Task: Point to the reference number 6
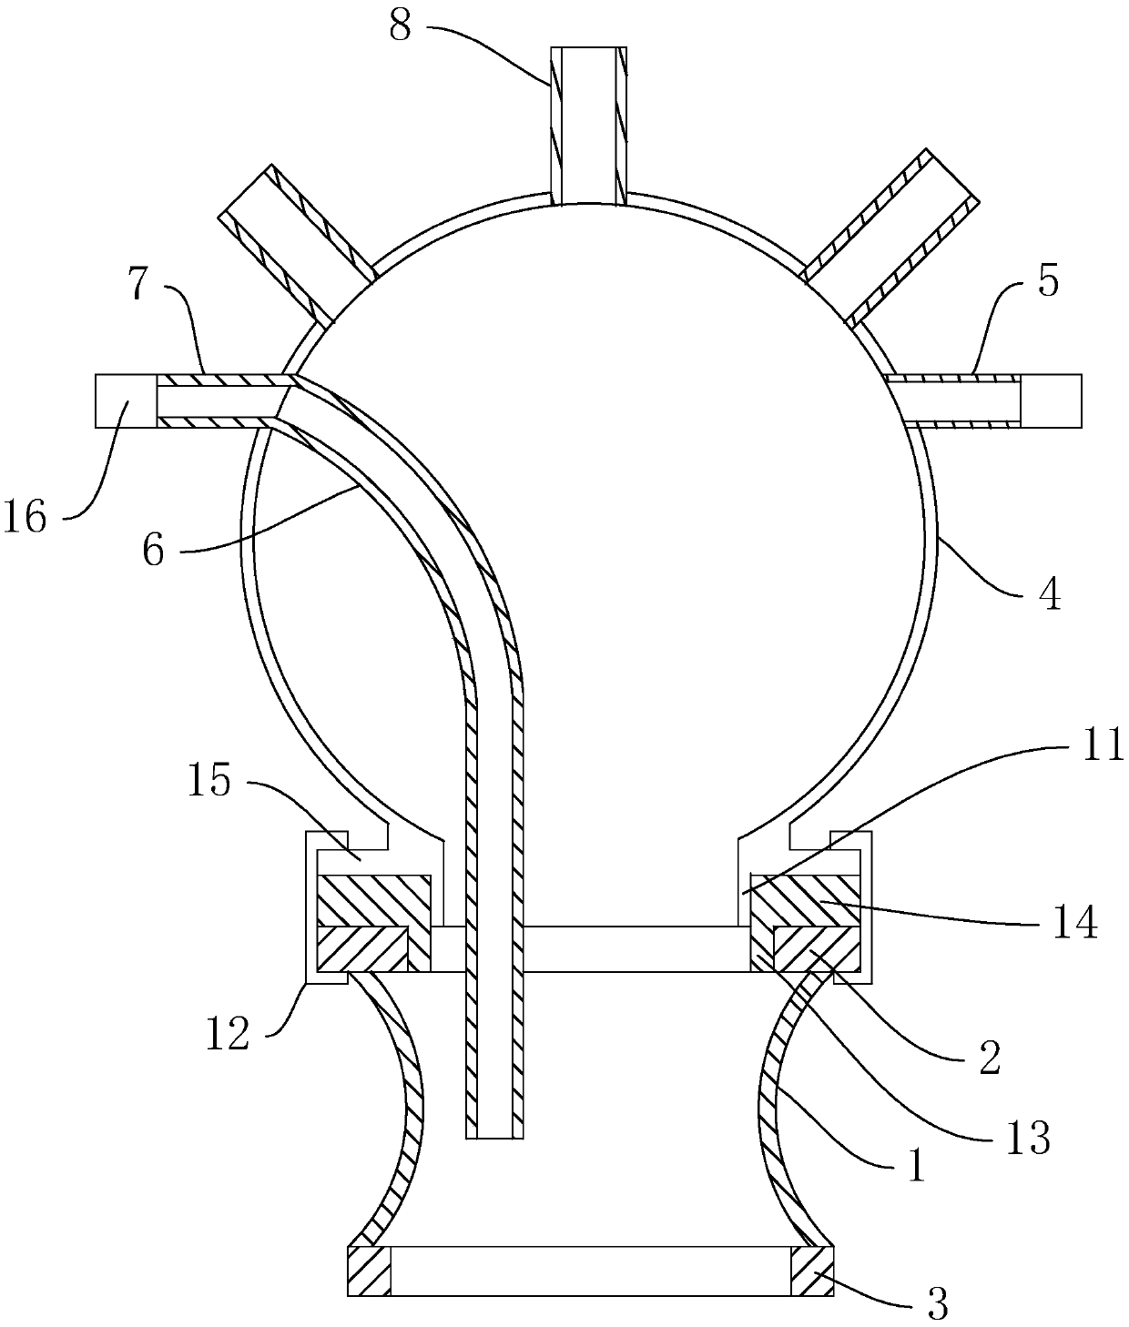pyautogui.click(x=154, y=550)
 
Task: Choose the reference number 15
pyautogui.click(x=210, y=781)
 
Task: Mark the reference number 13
pyautogui.click(x=1029, y=1137)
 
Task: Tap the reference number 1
pyautogui.click(x=916, y=1165)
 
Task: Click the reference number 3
pyautogui.click(x=937, y=1303)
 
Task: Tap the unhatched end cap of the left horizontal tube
pyautogui.click(x=126, y=400)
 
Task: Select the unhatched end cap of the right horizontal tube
pyautogui.click(x=1051, y=400)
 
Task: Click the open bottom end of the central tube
pyautogui.click(x=495, y=1134)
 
